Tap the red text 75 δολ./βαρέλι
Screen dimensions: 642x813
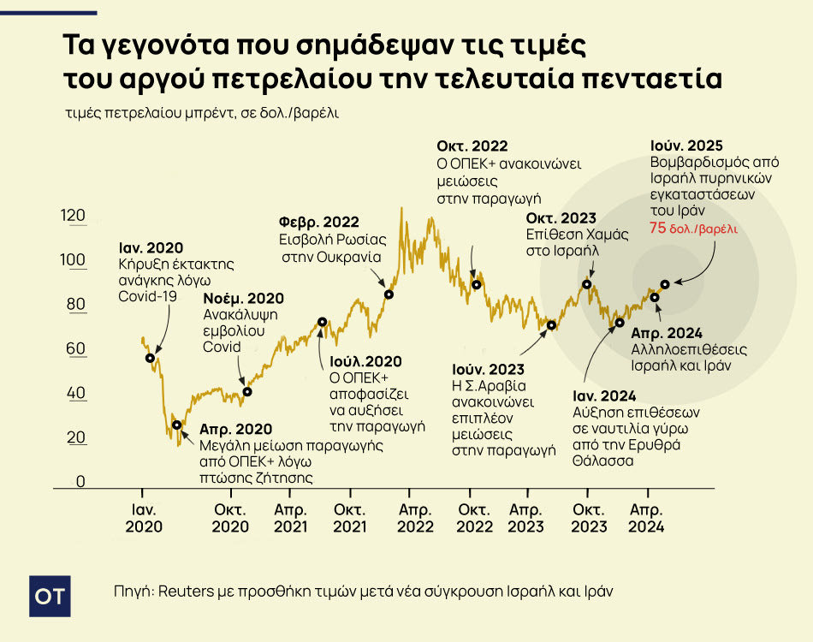click(693, 229)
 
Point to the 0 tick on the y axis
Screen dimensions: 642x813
click(80, 481)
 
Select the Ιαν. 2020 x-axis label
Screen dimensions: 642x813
click(143, 518)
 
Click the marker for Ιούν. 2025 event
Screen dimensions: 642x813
click(665, 284)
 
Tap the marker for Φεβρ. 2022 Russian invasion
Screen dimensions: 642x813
click(389, 294)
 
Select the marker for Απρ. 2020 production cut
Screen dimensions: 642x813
click(177, 425)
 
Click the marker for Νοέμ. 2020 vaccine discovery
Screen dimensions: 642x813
click(247, 392)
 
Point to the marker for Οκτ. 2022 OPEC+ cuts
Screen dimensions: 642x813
click(477, 284)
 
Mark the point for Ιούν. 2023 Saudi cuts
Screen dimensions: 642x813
click(552, 325)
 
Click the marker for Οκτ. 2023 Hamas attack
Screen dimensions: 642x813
click(587, 284)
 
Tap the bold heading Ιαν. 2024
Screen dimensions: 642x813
click(604, 395)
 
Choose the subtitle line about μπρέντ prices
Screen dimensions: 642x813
click(201, 112)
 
